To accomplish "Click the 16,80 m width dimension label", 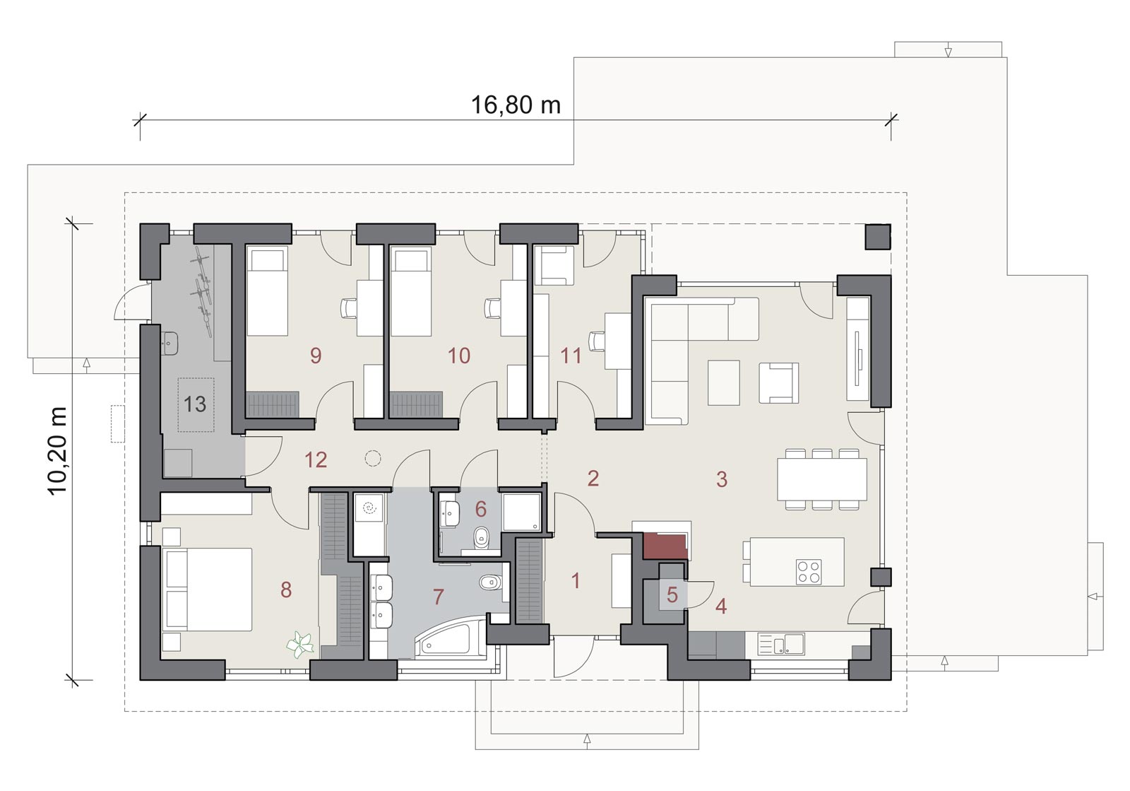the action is pyautogui.click(x=516, y=105).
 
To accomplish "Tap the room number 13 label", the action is pyautogui.click(x=195, y=404).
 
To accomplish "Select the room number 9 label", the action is pyautogui.click(x=316, y=356).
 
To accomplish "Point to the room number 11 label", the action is pyautogui.click(x=571, y=356).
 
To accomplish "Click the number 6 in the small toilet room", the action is pyautogui.click(x=481, y=510).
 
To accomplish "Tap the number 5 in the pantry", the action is pyautogui.click(x=672, y=595).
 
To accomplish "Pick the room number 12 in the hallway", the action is pyautogui.click(x=316, y=460).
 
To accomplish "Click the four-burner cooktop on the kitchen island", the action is pyautogui.click(x=809, y=572).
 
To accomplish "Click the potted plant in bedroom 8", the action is pyautogui.click(x=301, y=645).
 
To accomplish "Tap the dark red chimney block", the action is pyautogui.click(x=665, y=546).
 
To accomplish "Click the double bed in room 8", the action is pyautogui.click(x=207, y=589).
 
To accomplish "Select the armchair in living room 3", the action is pyautogui.click(x=779, y=382).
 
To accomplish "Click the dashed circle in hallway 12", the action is pyautogui.click(x=373, y=458).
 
